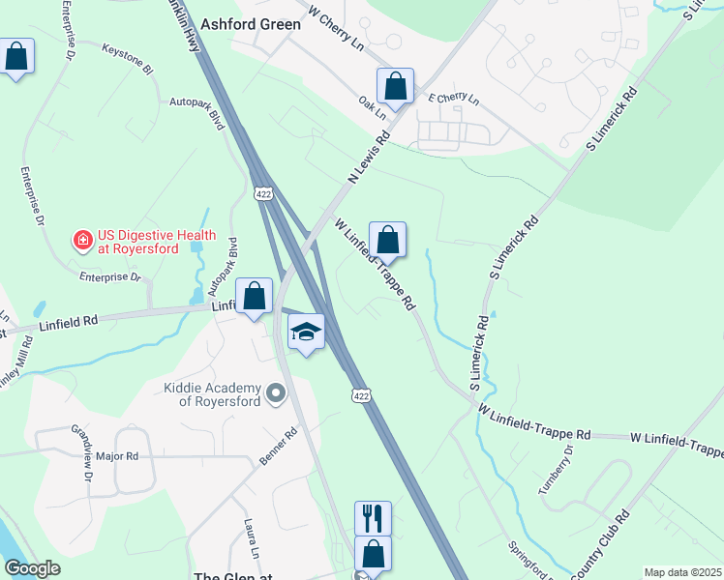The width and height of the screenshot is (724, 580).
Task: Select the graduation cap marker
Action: (x=307, y=333)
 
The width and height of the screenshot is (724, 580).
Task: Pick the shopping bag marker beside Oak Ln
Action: (x=395, y=87)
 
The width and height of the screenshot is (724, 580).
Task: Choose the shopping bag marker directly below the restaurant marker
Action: (x=373, y=555)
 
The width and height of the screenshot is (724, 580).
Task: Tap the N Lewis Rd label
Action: (x=367, y=159)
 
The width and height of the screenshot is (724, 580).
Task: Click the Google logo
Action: (x=32, y=569)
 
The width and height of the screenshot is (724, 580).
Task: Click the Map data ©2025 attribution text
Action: (x=683, y=572)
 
